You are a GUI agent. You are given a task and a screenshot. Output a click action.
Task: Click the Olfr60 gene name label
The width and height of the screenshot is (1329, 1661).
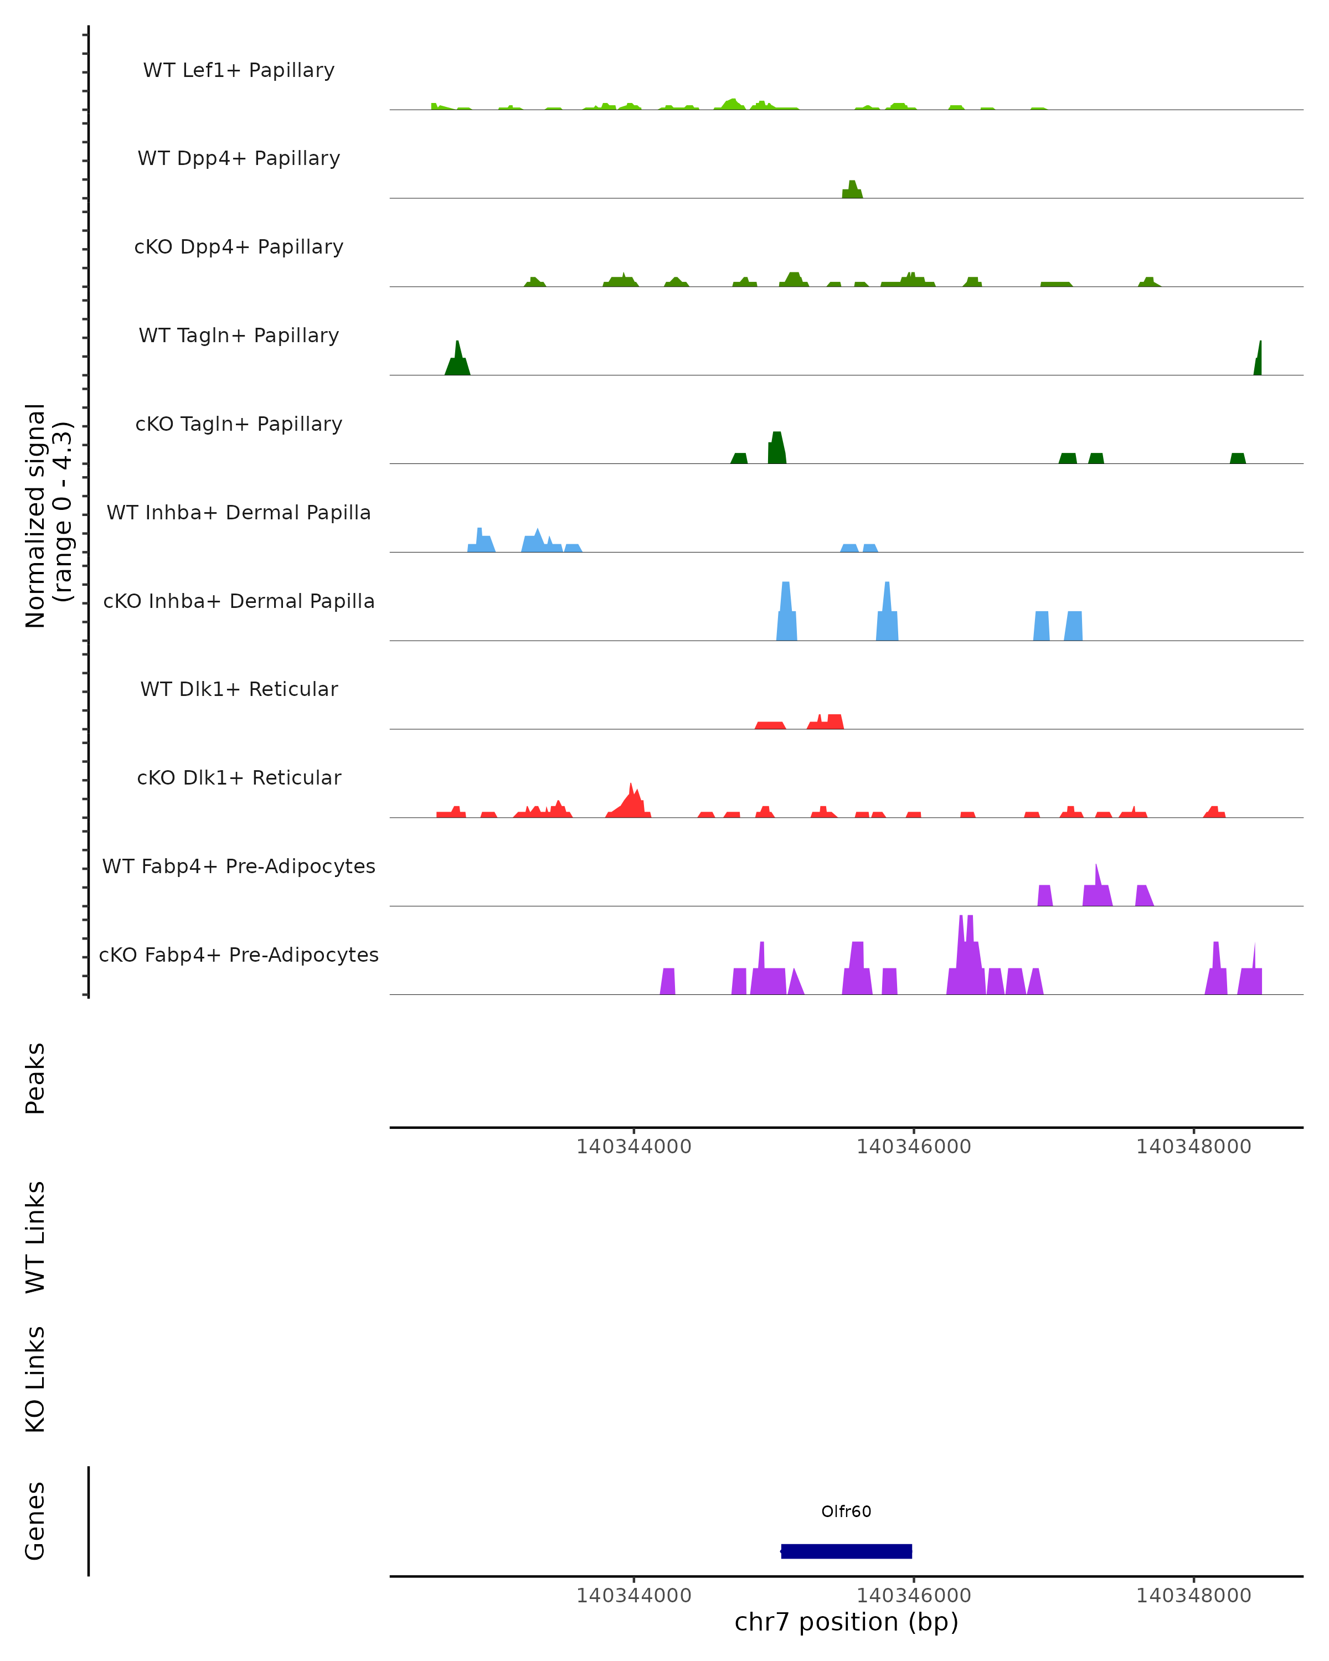(x=846, y=1511)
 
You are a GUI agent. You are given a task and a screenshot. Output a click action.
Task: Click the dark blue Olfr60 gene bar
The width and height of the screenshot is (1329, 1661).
(x=846, y=1551)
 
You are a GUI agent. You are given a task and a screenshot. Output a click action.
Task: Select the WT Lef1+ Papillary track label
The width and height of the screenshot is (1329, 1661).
(x=239, y=70)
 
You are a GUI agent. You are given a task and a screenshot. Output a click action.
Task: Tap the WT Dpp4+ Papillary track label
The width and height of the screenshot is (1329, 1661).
(x=239, y=159)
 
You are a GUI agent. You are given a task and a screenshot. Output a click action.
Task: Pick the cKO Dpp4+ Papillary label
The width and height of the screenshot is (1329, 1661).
(x=239, y=247)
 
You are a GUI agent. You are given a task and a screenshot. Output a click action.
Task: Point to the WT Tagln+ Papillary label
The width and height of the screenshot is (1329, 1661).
(x=239, y=336)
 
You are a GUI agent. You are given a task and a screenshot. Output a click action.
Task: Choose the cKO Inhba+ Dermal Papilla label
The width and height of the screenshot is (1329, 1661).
(x=239, y=602)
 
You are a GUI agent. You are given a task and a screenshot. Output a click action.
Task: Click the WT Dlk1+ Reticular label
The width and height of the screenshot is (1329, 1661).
(x=239, y=689)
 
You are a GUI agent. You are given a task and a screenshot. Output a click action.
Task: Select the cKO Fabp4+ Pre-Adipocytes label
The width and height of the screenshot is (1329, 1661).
(x=239, y=955)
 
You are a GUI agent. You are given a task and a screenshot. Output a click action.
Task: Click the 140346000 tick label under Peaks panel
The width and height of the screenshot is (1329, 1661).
(x=914, y=1147)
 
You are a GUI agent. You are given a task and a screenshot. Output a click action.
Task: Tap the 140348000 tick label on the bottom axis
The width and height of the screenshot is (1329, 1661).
(x=1193, y=1596)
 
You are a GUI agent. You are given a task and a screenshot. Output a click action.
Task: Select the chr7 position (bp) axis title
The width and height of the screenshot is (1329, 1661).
(x=846, y=1622)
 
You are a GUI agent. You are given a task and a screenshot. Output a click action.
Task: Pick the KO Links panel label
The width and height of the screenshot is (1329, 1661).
(x=35, y=1379)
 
